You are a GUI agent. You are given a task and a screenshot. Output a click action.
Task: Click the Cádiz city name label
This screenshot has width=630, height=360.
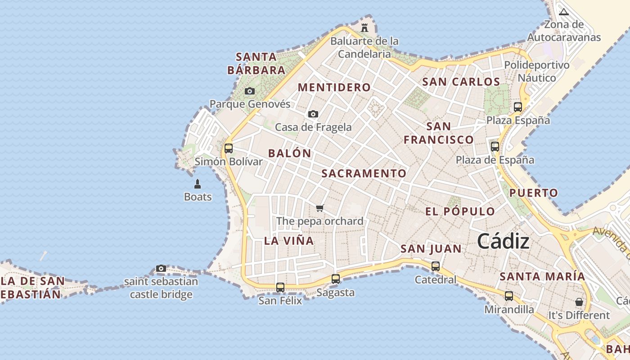[503, 241]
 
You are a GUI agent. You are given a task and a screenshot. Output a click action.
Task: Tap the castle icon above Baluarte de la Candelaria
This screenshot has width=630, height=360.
[364, 28]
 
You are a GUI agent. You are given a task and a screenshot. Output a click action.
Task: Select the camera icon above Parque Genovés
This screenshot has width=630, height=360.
[250, 91]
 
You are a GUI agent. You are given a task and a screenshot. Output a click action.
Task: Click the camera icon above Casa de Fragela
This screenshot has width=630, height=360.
[313, 114]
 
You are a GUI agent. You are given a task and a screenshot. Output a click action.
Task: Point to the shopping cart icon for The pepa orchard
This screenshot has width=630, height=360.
[320, 208]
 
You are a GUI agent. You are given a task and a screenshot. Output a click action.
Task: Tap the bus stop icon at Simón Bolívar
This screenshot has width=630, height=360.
[229, 148]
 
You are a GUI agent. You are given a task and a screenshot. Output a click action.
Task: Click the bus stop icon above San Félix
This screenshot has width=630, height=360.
[280, 287]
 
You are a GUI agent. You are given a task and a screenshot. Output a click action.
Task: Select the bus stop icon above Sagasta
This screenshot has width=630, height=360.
[336, 279]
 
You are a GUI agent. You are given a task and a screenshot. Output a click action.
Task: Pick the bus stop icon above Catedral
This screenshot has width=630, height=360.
[436, 266]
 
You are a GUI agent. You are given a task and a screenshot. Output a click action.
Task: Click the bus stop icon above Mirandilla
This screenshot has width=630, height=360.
[509, 296]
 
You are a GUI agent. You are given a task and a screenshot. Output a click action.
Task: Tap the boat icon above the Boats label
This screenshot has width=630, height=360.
[198, 184]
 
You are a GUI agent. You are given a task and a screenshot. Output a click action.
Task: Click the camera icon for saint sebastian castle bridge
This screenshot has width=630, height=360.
[161, 269]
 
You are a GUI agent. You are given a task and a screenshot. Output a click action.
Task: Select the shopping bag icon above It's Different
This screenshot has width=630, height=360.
[579, 302]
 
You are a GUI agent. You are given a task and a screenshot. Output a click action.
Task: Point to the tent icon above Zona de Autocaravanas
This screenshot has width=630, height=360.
[564, 12]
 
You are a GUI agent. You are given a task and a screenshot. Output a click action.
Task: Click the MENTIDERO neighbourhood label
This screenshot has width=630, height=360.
[334, 87]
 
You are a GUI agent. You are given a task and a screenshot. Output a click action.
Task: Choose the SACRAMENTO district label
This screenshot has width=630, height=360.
[364, 173]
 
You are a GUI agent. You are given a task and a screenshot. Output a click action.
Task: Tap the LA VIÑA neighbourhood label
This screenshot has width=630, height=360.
[289, 241]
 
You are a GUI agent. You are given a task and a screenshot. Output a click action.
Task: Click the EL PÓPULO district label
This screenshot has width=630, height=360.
[460, 211]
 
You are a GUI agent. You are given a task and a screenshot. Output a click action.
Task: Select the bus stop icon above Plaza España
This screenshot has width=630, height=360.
[518, 107]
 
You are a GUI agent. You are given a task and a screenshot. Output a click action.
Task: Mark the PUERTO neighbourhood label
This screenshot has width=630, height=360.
[534, 193]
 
